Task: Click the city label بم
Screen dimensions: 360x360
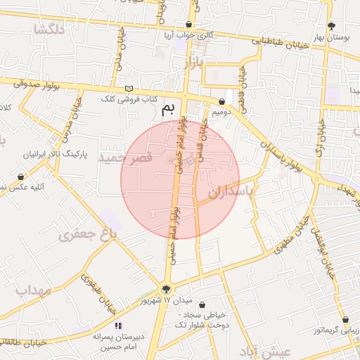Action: click(x=167, y=108)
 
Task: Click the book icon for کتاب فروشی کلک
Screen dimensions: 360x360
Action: click(x=128, y=88)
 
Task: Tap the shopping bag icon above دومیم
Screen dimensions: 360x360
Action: click(x=221, y=101)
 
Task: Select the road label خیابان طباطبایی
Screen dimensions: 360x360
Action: click(x=286, y=41)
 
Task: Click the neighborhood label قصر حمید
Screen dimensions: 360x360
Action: click(x=126, y=157)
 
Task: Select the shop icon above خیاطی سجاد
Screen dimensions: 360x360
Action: click(x=204, y=306)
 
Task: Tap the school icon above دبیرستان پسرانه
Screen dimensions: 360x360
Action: click(x=118, y=326)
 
